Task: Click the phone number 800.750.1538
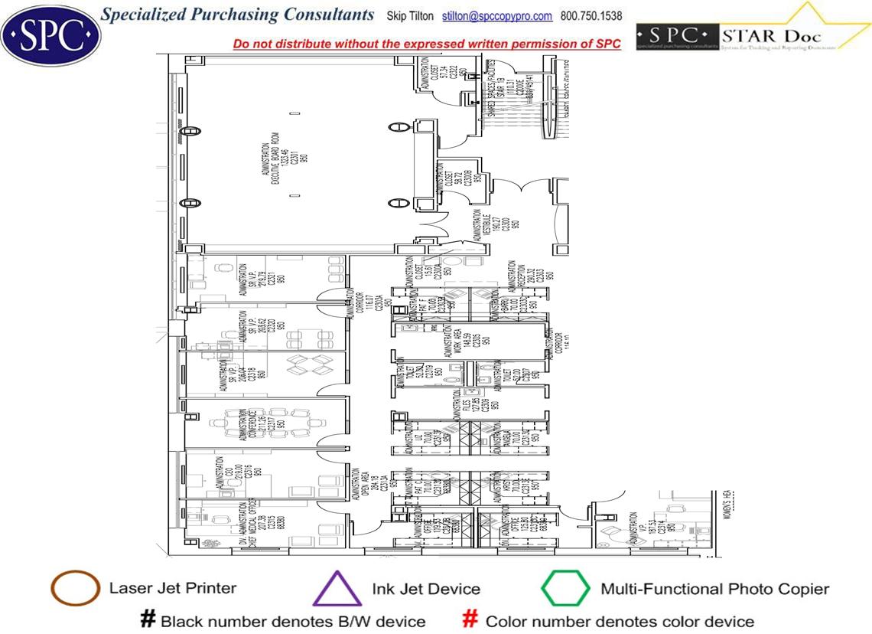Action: tap(592, 16)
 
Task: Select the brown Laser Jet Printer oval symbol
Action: tap(75, 589)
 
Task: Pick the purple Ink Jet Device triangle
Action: tap(337, 590)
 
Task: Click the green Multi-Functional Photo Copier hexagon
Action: tap(565, 589)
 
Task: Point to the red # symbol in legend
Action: tap(471, 620)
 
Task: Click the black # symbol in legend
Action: tap(148, 620)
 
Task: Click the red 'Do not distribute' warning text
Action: tap(426, 44)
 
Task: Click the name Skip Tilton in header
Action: tap(412, 16)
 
